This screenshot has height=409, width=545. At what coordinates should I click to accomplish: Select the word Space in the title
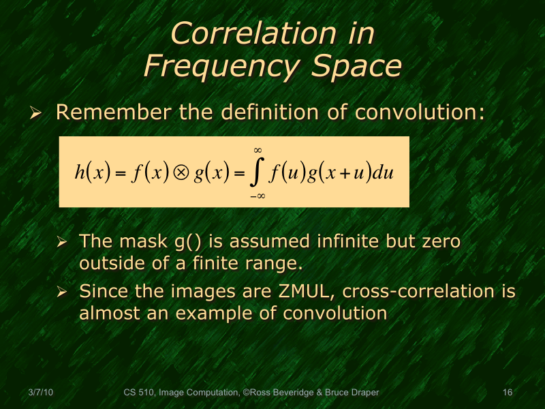(356, 67)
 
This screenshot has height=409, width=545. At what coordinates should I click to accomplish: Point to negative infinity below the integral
(257, 196)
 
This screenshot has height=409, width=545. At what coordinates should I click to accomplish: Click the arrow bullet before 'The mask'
(62, 243)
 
